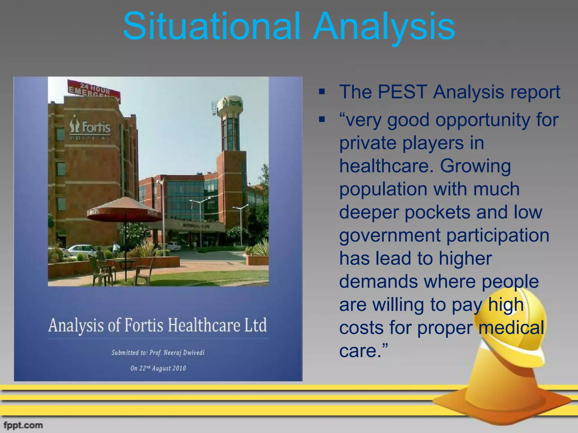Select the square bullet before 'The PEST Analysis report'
tap(322, 92)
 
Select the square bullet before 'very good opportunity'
tap(322, 120)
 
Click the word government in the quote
tap(390, 235)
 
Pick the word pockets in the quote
tap(437, 212)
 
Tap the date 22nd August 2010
tap(158, 368)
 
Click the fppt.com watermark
tap(23, 425)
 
